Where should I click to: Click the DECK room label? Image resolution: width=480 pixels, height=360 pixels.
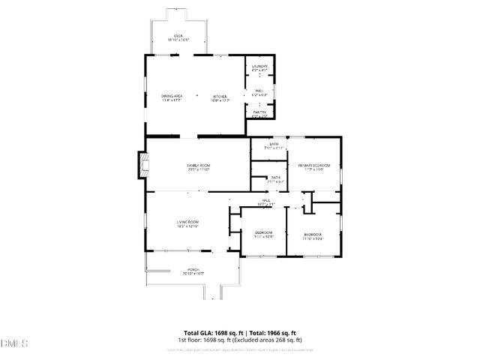click(178, 36)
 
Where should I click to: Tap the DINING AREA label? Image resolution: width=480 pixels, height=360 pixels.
click(172, 96)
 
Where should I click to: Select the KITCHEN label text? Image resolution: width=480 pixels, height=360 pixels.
click(220, 96)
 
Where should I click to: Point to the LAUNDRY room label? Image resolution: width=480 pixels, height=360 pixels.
click(259, 67)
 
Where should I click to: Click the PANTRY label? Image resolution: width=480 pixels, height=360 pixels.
click(259, 112)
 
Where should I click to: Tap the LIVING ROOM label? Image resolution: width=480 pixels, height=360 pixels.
click(187, 221)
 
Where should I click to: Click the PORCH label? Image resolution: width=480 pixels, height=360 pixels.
click(193, 269)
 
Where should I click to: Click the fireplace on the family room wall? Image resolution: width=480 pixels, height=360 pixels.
click(142, 165)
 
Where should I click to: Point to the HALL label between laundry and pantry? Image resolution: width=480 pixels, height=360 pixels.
click(259, 91)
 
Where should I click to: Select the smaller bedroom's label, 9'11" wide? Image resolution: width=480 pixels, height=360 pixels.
click(263, 232)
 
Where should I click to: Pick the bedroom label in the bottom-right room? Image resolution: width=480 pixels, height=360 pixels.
click(313, 235)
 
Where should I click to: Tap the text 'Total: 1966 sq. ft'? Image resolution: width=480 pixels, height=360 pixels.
click(273, 332)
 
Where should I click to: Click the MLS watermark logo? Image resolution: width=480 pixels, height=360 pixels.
click(14, 343)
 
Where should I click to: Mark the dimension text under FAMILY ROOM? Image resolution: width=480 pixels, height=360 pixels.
click(199, 169)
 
